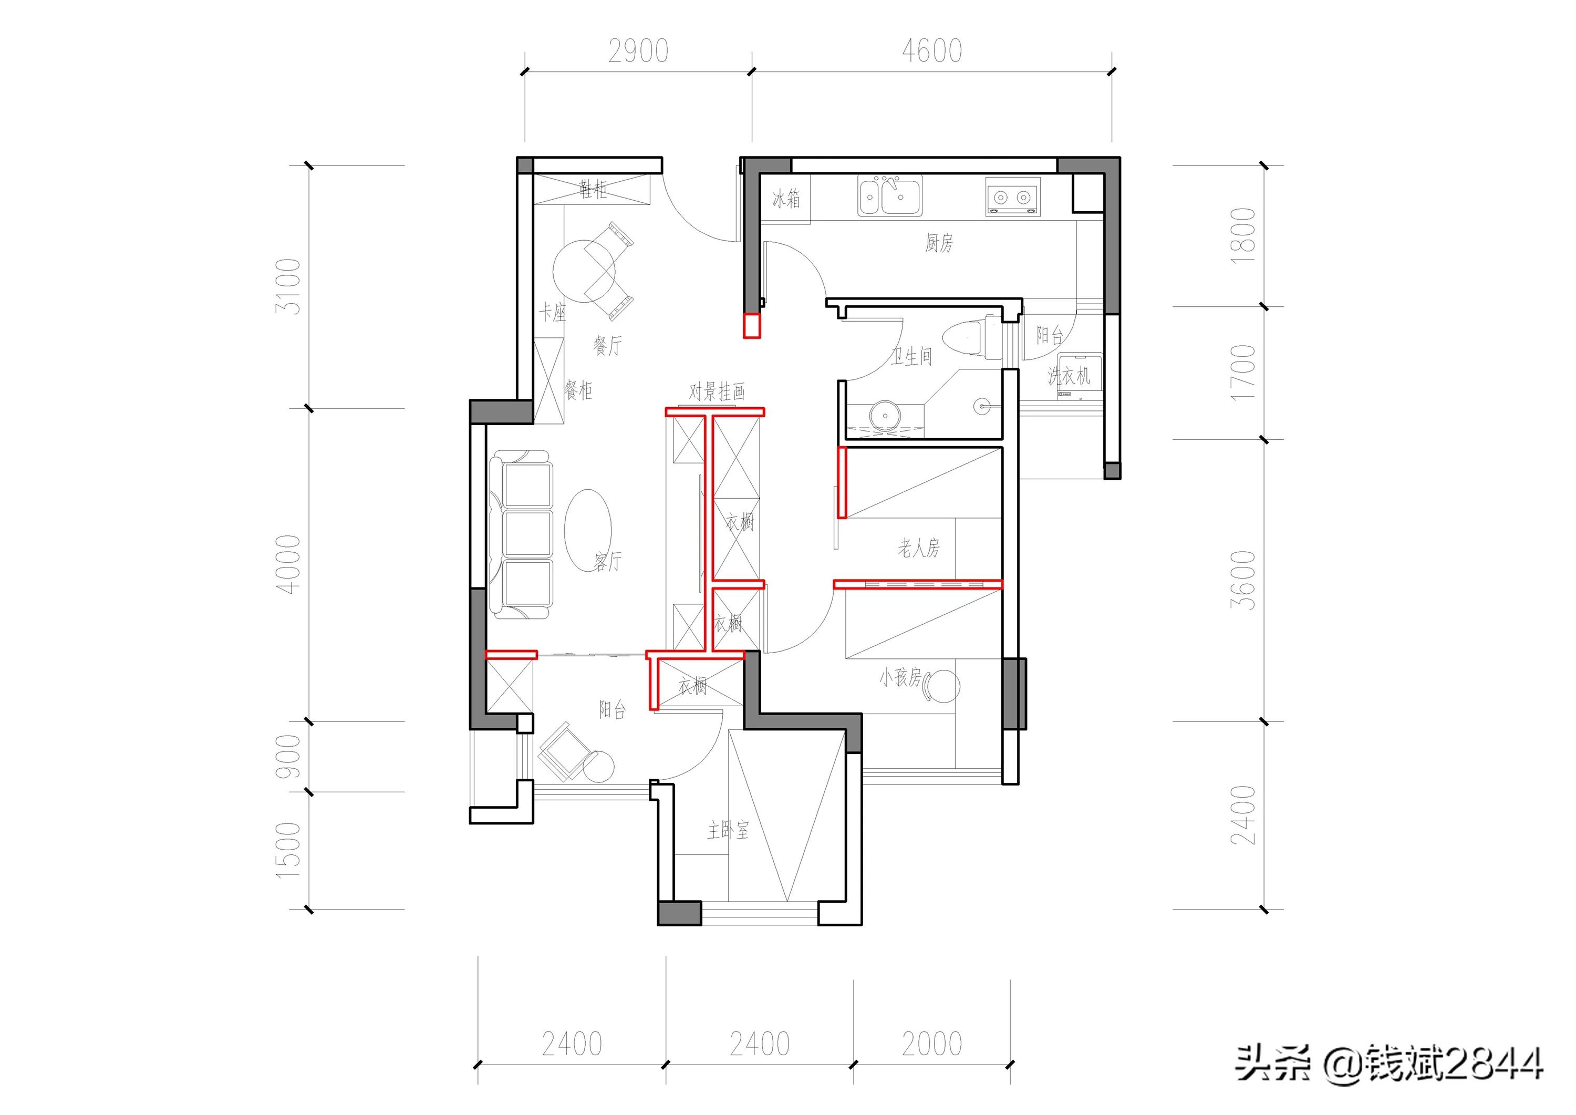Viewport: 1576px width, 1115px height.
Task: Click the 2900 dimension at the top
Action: tap(638, 51)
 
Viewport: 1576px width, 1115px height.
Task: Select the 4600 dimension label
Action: tap(931, 51)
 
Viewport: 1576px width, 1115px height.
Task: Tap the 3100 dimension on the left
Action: tap(288, 286)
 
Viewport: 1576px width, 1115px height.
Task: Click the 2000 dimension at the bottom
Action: tap(931, 1044)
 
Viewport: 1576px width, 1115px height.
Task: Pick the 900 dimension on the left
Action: tap(288, 756)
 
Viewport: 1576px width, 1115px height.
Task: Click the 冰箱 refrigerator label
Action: tap(786, 199)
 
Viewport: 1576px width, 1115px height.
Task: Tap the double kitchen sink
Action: tap(889, 197)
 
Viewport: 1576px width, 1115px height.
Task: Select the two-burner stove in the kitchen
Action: tap(1012, 197)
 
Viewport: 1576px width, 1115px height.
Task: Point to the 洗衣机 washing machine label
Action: tap(1069, 376)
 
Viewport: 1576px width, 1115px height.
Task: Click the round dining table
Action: tap(584, 271)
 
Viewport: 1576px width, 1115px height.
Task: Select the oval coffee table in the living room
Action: tap(587, 529)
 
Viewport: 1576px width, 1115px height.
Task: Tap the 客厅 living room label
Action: tap(607, 562)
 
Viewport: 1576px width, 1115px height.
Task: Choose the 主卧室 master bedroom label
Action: tap(728, 830)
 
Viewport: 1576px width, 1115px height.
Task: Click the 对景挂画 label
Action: tap(717, 391)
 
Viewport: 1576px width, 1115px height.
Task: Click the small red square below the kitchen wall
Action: tap(752, 325)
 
